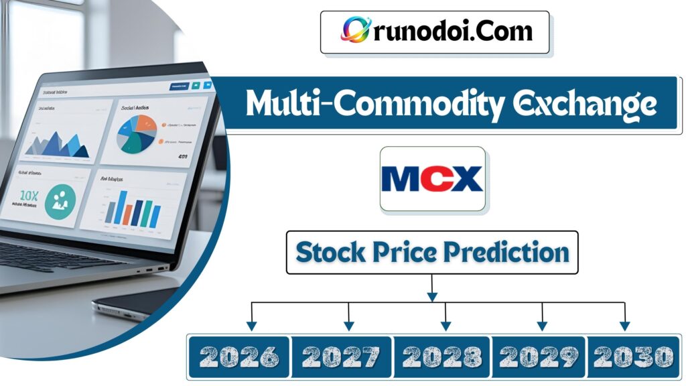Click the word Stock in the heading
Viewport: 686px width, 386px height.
pyautogui.click(x=328, y=253)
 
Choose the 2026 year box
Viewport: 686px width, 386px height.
pyautogui.click(x=239, y=357)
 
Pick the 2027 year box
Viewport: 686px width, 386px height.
pyautogui.click(x=341, y=357)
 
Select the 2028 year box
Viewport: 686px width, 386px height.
pyautogui.click(x=441, y=357)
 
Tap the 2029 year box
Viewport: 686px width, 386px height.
pyautogui.click(x=539, y=357)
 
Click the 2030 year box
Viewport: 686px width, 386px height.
pyautogui.click(x=633, y=357)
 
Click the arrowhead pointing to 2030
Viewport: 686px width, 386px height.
pyautogui.click(x=624, y=326)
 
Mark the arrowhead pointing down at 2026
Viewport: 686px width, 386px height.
pyautogui.click(x=251, y=326)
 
